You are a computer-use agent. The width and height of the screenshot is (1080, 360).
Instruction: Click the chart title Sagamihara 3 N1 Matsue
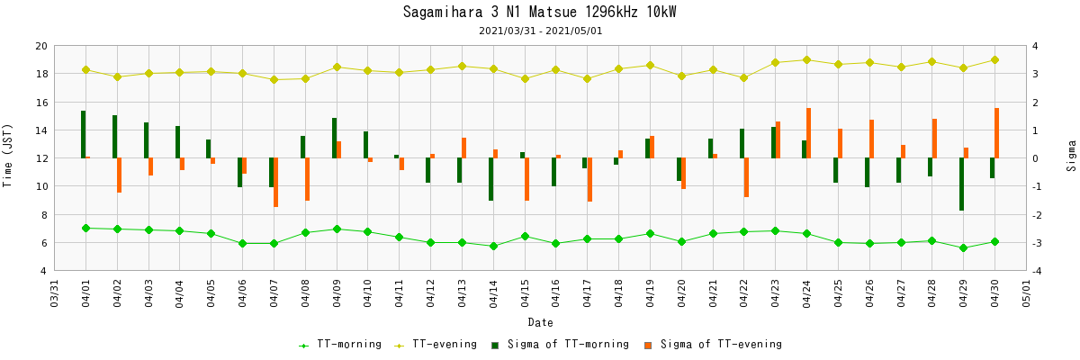tap(539, 13)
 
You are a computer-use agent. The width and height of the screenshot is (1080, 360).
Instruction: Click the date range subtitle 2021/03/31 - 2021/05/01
tap(540, 31)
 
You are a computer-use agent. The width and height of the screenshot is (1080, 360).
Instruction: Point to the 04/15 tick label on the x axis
tap(525, 293)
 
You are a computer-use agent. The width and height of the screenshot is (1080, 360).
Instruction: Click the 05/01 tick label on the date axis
tap(1027, 293)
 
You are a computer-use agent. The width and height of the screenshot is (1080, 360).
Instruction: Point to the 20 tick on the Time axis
tap(40, 46)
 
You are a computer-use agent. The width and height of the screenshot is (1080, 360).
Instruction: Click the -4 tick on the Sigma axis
tap(1038, 271)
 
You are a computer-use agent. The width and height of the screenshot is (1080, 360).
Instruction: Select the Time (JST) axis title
tap(8, 157)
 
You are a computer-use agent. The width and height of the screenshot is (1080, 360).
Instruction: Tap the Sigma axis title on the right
tap(1072, 157)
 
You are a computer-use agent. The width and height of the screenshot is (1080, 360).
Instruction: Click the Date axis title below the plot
tap(540, 322)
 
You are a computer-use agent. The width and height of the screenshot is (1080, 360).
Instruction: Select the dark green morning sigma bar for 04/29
tap(961, 184)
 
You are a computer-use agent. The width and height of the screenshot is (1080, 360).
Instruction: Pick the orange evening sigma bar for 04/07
tap(276, 183)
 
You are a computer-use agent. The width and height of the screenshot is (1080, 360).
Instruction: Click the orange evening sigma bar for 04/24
tap(809, 133)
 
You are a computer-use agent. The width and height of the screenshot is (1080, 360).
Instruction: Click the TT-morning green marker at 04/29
tap(963, 247)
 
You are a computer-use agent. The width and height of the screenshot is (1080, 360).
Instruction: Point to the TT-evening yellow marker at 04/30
tap(994, 60)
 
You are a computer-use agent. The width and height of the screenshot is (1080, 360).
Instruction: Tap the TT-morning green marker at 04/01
tap(85, 228)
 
